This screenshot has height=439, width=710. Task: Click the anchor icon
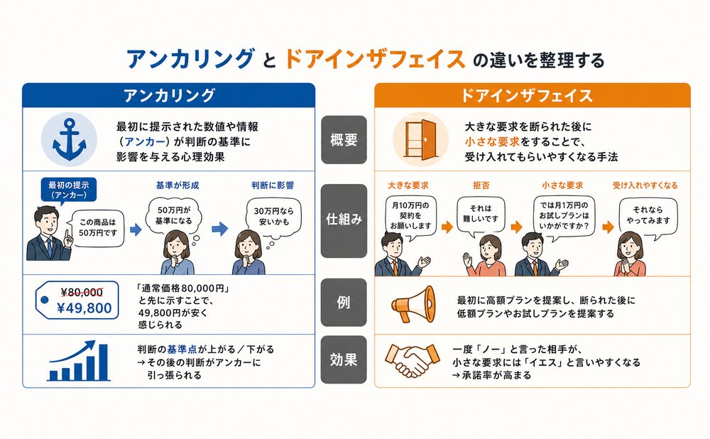click(70, 139)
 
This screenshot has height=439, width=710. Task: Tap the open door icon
click(421, 139)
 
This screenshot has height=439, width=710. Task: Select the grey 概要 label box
click(344, 139)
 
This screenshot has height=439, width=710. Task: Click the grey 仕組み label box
click(344, 220)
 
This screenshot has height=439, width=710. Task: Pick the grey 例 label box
click(344, 302)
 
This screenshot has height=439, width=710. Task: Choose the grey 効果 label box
click(344, 359)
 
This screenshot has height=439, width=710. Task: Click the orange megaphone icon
click(413, 303)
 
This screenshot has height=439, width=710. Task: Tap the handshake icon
click(412, 360)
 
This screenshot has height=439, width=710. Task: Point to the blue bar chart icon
click(79, 361)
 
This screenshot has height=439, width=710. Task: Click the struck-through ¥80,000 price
click(82, 293)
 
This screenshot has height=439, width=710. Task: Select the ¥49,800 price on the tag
click(84, 308)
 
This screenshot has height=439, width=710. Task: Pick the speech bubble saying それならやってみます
click(648, 216)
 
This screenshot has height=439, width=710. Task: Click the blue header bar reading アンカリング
click(168, 95)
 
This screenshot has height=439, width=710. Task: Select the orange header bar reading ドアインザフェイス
click(532, 95)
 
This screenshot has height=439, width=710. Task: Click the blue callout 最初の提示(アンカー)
click(68, 190)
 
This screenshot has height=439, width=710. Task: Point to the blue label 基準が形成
click(177, 185)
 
